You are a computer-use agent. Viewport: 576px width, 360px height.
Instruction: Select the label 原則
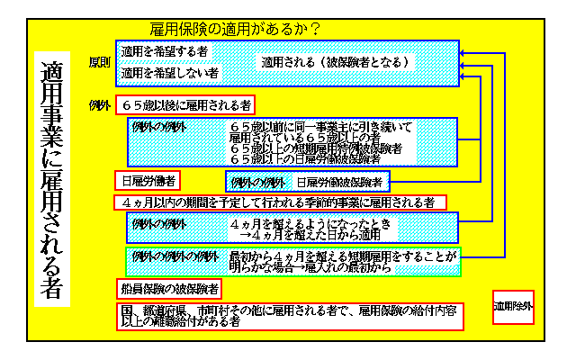tap(100, 63)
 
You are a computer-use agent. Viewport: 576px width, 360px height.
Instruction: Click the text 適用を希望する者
tap(165, 52)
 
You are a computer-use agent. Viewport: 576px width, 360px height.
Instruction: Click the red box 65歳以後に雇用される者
tap(185, 104)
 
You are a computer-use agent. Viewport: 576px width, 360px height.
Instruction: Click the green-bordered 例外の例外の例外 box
tap(292, 262)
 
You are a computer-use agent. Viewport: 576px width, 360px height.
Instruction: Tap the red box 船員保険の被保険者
tap(169, 289)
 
